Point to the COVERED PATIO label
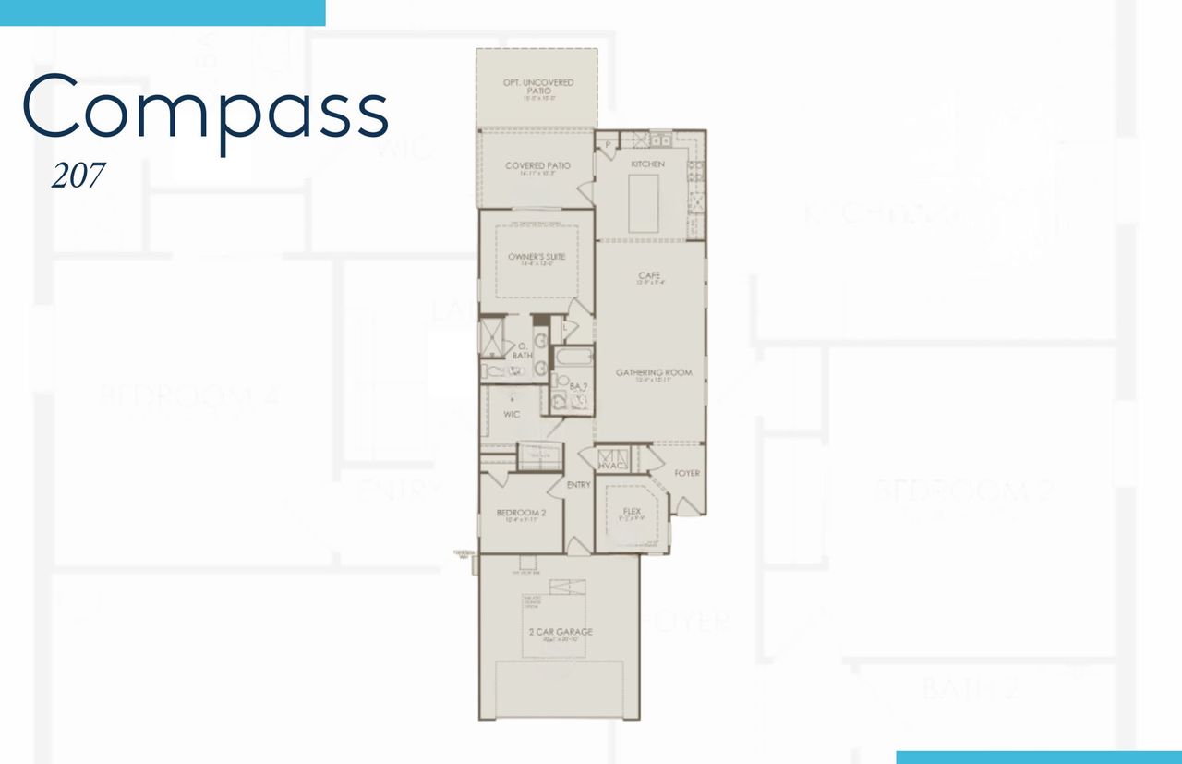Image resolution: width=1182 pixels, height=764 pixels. [x=537, y=166]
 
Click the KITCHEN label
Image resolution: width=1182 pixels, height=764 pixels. [x=647, y=164]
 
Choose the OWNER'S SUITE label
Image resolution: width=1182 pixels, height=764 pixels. [x=537, y=256]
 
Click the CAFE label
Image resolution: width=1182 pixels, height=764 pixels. [x=649, y=276]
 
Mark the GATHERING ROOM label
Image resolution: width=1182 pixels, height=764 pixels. [x=654, y=373]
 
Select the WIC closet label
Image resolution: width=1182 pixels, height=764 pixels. [x=512, y=415]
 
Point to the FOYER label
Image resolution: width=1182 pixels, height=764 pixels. [x=687, y=474]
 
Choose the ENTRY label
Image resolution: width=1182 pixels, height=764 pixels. [x=579, y=485]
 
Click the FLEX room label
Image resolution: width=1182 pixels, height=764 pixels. [x=632, y=511]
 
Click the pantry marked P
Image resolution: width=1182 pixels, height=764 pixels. [x=609, y=146]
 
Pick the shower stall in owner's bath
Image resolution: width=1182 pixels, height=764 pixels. [x=489, y=333]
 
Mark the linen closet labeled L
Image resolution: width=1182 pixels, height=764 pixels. [x=565, y=326]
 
